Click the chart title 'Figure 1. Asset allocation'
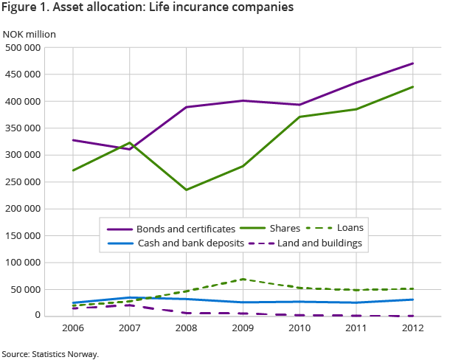(x=148, y=9)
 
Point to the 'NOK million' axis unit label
(x=30, y=34)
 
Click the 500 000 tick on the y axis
(x=23, y=48)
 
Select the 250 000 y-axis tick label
(x=23, y=182)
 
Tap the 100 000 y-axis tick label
(x=23, y=263)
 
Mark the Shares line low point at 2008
(x=187, y=190)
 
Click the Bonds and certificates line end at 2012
(x=413, y=63)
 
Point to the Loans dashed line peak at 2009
(x=243, y=279)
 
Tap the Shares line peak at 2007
(x=130, y=142)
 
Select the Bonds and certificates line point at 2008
(x=187, y=107)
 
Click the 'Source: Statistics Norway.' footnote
(x=49, y=354)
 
